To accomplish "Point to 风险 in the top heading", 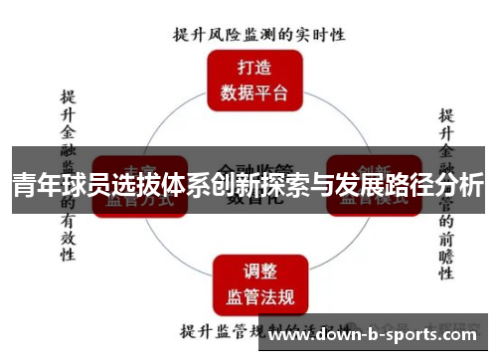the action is click(227, 34).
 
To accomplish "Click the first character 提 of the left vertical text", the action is click(68, 97).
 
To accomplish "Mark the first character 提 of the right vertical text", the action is click(447, 115).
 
